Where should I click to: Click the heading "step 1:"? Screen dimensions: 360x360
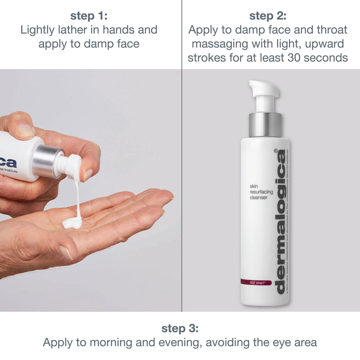(89, 16)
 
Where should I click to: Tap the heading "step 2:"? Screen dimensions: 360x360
(268, 16)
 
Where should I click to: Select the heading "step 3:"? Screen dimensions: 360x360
(180, 329)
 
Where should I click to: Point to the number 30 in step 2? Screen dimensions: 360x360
(296, 57)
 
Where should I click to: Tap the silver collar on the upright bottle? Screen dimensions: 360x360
(265, 125)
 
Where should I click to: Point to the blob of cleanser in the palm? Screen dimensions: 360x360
(72, 222)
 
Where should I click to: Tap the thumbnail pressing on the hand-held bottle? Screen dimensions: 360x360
(26, 130)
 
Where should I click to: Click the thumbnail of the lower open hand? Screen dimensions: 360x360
(66, 252)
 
